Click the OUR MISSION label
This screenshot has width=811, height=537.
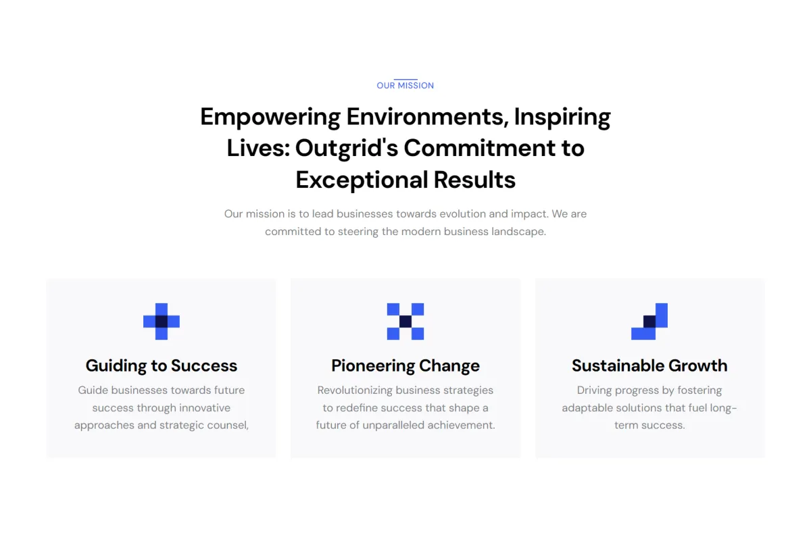[x=405, y=85]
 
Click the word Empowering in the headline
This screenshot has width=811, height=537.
[x=270, y=118]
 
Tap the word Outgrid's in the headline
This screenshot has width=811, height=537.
[x=347, y=149]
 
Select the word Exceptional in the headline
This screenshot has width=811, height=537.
[x=362, y=180]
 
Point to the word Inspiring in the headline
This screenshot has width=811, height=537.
[x=562, y=118]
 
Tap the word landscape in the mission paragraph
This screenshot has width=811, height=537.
[x=518, y=232]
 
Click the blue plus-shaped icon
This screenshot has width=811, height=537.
[x=162, y=322]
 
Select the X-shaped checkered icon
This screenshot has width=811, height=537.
[x=405, y=322]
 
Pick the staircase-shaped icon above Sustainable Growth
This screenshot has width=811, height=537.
[x=649, y=322]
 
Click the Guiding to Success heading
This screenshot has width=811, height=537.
[x=162, y=365]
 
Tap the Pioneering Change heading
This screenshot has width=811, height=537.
[x=405, y=365]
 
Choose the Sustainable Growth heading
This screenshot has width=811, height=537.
[x=649, y=365]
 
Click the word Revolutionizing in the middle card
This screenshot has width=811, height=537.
[x=355, y=390]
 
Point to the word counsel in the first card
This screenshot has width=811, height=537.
[x=226, y=425]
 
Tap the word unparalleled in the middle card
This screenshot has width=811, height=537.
[x=393, y=425]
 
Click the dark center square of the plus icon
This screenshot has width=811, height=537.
[x=162, y=322]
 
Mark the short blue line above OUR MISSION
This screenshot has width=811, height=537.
[x=405, y=79]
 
